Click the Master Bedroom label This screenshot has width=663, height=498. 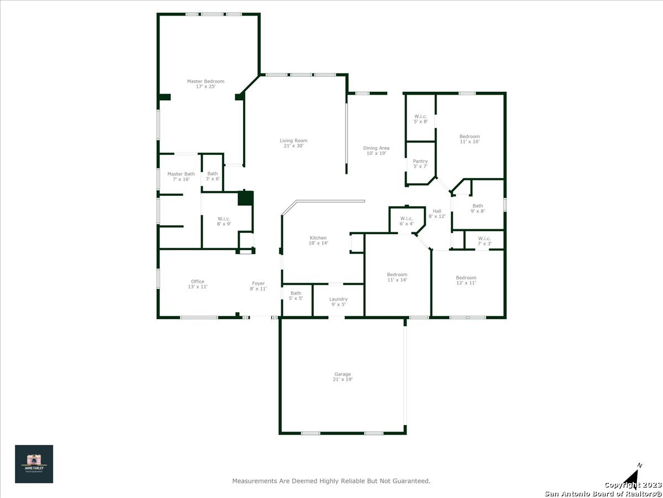[x=206, y=84]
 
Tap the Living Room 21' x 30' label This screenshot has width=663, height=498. [x=293, y=143]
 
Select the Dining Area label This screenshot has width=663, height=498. [x=376, y=151]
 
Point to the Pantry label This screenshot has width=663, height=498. [x=420, y=164]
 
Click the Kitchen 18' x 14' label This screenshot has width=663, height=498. [x=318, y=240]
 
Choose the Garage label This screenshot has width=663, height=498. [x=343, y=377]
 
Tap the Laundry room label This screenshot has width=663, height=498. [x=338, y=302]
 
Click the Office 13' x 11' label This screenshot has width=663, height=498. [x=198, y=284]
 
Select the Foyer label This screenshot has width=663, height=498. [x=258, y=286]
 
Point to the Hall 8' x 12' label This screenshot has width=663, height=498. [x=437, y=214]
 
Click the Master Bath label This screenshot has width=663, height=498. [x=181, y=177]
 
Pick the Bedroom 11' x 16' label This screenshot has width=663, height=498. [x=470, y=139]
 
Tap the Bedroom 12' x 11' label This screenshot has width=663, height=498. [x=466, y=281]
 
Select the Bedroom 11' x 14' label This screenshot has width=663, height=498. [x=397, y=277]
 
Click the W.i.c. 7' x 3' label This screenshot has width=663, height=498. [x=484, y=241]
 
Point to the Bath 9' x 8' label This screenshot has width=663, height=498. [x=477, y=209]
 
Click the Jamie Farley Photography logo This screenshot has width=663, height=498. [x=34, y=464]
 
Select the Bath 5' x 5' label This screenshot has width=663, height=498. [x=296, y=295]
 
